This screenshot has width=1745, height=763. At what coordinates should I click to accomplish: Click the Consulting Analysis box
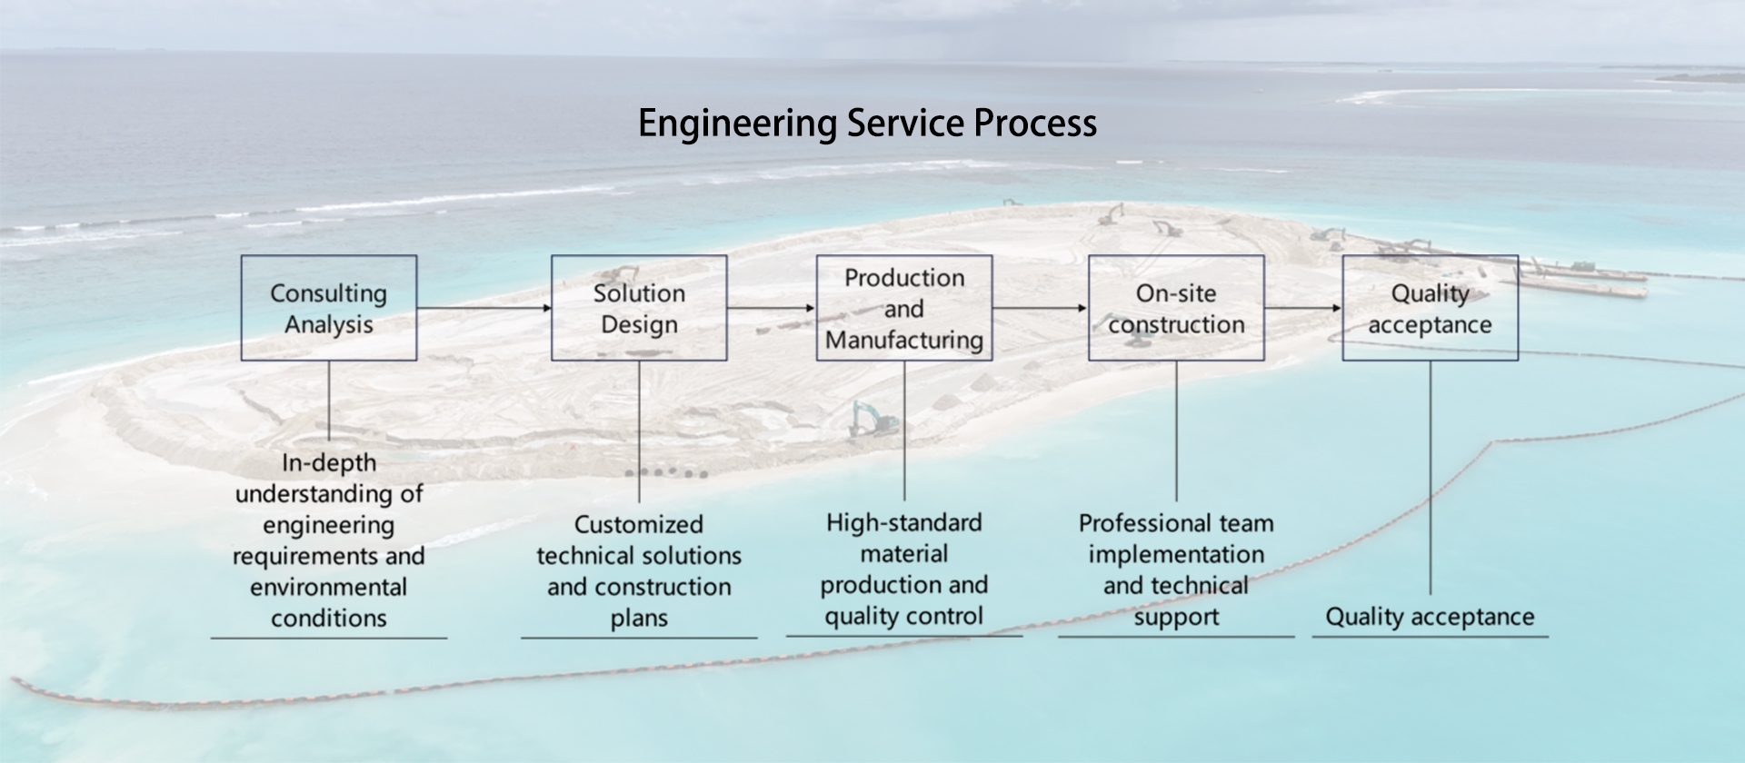pyautogui.click(x=328, y=308)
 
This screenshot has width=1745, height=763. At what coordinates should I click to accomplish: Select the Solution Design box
pyautogui.click(x=639, y=308)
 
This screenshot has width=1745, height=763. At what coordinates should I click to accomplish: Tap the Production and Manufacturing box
pyautogui.click(x=903, y=308)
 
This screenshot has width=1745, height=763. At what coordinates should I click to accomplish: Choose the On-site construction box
pyautogui.click(x=1176, y=308)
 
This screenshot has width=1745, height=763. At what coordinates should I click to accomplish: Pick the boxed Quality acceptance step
pyautogui.click(x=1430, y=308)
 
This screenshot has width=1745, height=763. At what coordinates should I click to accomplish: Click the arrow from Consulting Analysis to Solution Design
pyautogui.click(x=484, y=308)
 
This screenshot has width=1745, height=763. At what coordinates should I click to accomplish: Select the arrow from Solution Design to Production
pyautogui.click(x=771, y=308)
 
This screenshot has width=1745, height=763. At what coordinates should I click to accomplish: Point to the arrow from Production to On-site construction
pyautogui.click(x=1040, y=308)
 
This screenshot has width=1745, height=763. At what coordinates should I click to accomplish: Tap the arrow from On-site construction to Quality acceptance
pyautogui.click(x=1302, y=308)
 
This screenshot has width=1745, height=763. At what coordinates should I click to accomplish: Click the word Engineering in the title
pyautogui.click(x=737, y=124)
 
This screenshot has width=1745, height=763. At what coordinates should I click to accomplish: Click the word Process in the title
pyautogui.click(x=1035, y=124)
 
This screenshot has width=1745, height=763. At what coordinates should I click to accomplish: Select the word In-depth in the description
pyautogui.click(x=328, y=463)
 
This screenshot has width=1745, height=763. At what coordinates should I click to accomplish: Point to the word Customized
pyautogui.click(x=639, y=525)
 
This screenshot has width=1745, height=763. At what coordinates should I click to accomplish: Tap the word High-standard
pyautogui.click(x=903, y=523)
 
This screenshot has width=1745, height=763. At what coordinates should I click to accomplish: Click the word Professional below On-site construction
pyautogui.click(x=1134, y=524)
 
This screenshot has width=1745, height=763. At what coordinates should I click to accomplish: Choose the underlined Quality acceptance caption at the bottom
pyautogui.click(x=1430, y=618)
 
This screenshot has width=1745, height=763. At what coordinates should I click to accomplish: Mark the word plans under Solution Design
pyautogui.click(x=639, y=619)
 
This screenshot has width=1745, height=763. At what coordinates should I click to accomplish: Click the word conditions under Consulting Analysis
pyautogui.click(x=328, y=619)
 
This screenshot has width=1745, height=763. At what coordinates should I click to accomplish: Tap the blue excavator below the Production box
pyautogui.click(x=872, y=420)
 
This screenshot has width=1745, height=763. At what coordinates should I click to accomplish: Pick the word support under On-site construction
pyautogui.click(x=1176, y=618)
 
